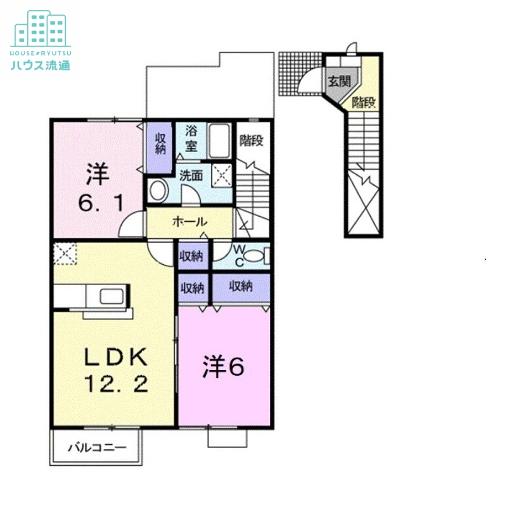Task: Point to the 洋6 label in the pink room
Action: pos(223,368)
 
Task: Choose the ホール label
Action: pos(189,222)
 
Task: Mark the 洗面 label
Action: pos(191,176)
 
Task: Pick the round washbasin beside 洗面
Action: pos(157,189)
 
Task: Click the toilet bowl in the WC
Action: pos(254,256)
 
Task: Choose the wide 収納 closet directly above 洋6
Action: pos(241,286)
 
